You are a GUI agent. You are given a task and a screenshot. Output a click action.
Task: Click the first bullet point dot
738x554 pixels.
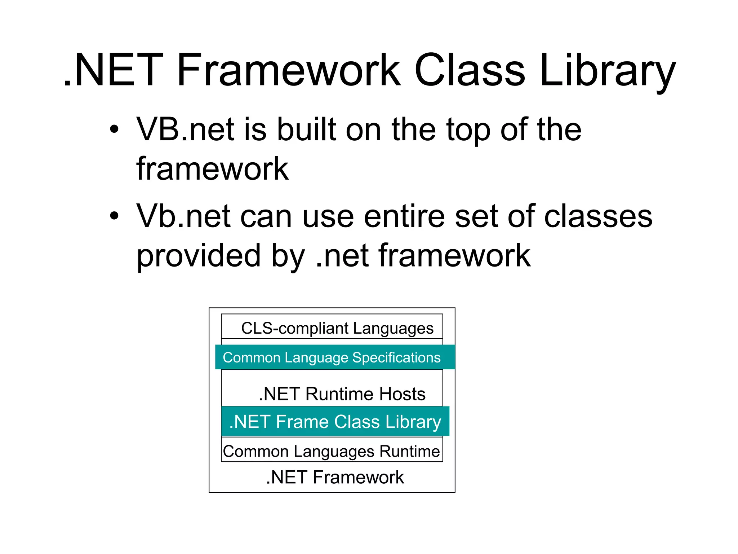[x=114, y=129]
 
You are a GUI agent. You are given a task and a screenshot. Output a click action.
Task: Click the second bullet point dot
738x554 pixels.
[x=114, y=216]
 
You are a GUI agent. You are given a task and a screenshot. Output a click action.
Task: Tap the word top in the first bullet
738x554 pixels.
[x=468, y=131]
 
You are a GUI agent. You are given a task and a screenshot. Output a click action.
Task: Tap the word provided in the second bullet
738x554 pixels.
[x=198, y=256]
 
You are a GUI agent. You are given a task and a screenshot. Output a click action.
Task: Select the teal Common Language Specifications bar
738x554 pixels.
[x=332, y=357]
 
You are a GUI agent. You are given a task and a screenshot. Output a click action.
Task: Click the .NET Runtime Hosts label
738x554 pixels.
[x=342, y=393]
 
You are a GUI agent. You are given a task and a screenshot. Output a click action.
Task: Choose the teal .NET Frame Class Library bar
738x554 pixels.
[x=335, y=422]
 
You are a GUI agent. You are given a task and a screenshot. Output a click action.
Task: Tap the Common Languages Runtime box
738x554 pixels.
[x=332, y=451]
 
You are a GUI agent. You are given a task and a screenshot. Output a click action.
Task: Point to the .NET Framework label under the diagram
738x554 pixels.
[x=335, y=477]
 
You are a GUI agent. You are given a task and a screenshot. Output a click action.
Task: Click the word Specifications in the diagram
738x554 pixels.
[x=396, y=358]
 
